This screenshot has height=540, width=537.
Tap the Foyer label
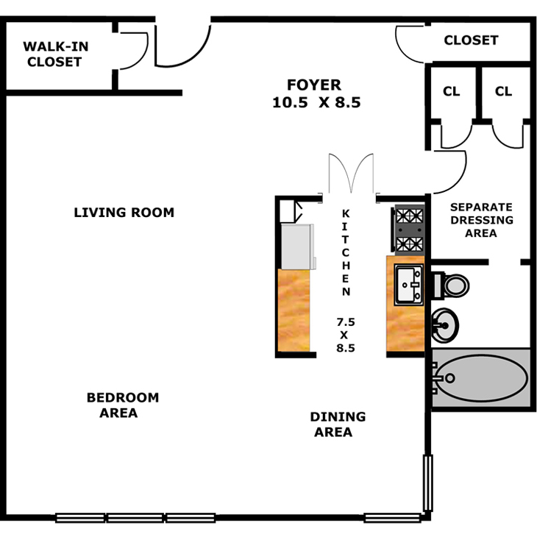[313, 84]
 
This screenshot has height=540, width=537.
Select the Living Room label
[124, 213]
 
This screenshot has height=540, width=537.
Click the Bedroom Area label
[122, 405]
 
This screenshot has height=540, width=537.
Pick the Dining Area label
[338, 424]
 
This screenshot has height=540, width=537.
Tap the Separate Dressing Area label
[481, 220]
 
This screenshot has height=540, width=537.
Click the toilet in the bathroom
[450, 284]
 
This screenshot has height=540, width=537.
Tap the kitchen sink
[409, 285]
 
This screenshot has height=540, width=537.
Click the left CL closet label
[451, 91]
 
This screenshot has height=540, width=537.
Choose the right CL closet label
[503, 91]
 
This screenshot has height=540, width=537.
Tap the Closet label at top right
[471, 40]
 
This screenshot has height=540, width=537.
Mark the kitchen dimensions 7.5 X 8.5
[346, 335]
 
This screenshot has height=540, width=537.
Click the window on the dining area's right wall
[427, 482]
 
